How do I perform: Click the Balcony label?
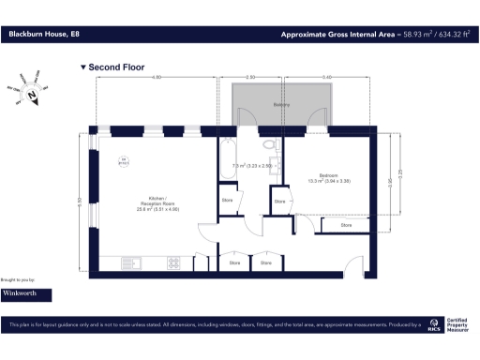coord(279,105)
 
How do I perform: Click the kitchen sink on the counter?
coord(133,262)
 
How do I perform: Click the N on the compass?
coord(34,95)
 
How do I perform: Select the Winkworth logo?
coord(25,293)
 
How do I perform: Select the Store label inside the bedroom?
coord(346,225)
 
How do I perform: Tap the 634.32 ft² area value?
coord(447,35)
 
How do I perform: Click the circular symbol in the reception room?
coord(123,161)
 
